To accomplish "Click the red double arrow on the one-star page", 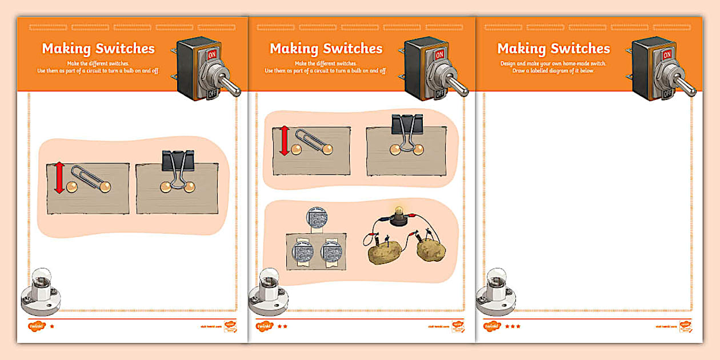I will (x=59, y=178).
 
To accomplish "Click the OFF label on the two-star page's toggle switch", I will (x=439, y=93).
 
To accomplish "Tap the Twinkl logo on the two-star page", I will (x=264, y=326).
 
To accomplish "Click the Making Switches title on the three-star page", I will (x=554, y=49).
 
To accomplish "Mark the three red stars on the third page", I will (x=513, y=326).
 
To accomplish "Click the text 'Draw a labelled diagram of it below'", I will (x=554, y=71).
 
